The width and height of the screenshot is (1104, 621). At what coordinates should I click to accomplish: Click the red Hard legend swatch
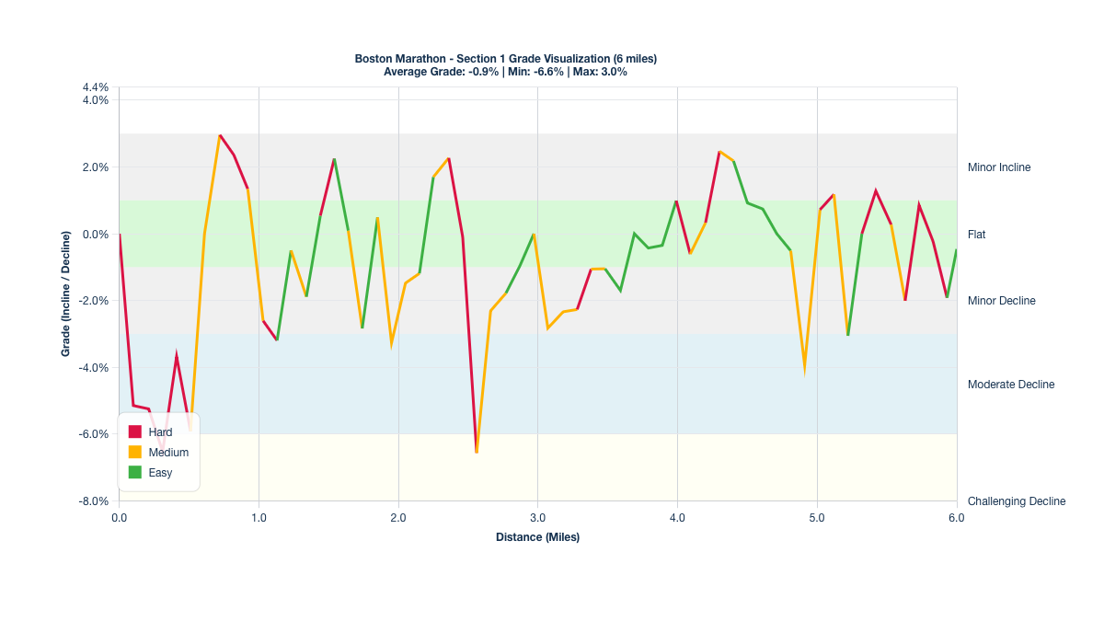tap(135, 431)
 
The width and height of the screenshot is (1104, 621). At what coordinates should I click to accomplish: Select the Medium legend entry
tap(167, 453)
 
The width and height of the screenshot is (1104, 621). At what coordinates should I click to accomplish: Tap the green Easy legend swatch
tap(135, 473)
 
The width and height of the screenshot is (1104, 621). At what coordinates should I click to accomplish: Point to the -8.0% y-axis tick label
tap(95, 501)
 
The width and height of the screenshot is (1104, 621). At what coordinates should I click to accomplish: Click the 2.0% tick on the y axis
tap(96, 167)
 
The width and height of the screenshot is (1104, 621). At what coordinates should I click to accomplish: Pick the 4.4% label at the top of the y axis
tap(96, 88)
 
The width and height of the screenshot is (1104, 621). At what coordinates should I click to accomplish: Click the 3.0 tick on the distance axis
tap(537, 518)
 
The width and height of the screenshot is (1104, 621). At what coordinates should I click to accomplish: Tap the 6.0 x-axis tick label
tap(956, 518)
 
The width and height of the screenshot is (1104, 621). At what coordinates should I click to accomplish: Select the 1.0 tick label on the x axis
tap(259, 518)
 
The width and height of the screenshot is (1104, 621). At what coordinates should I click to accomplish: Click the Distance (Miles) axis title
tap(537, 537)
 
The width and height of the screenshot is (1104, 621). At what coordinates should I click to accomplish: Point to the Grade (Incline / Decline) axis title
tap(66, 293)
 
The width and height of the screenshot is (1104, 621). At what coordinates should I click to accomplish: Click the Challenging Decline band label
tap(1016, 501)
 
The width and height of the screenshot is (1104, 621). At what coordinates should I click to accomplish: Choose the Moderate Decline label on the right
tap(1011, 385)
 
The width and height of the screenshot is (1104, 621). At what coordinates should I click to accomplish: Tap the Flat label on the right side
tap(976, 235)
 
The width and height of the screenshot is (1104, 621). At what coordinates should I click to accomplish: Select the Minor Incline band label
tap(999, 167)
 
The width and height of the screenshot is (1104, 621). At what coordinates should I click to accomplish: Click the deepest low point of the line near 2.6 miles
tap(477, 452)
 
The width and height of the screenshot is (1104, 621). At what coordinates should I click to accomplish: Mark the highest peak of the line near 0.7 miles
tap(220, 135)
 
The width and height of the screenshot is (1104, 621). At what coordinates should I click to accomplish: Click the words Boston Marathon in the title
tap(397, 59)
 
